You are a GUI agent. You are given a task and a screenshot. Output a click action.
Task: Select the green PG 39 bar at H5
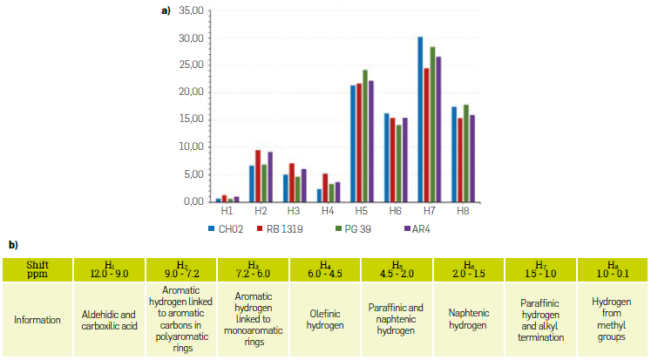click(x=365, y=136)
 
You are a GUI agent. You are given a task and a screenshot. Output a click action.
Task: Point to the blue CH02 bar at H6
click(x=386, y=158)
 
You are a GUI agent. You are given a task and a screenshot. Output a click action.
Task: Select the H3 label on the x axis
click(x=294, y=211)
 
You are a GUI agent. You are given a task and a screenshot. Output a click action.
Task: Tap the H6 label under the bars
click(x=395, y=211)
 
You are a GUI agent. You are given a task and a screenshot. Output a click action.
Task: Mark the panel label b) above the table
click(x=13, y=245)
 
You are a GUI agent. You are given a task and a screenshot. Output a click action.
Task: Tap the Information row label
click(x=37, y=320)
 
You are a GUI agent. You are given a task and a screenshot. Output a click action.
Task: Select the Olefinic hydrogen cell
click(x=324, y=320)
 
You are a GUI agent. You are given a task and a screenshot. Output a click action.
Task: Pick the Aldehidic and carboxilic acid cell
click(x=111, y=320)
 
